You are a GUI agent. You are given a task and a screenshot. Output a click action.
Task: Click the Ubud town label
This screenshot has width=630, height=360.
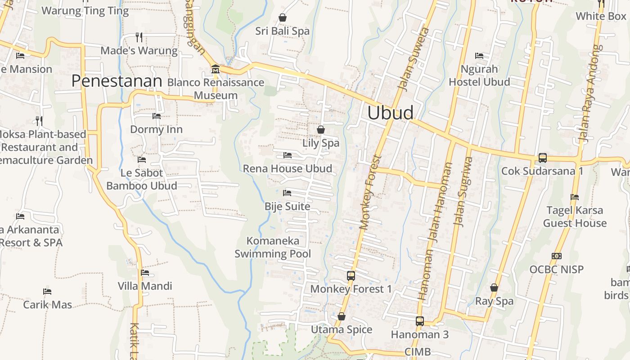pos(390,112)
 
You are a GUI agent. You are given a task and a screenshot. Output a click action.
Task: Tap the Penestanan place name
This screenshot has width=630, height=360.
pos(117,81)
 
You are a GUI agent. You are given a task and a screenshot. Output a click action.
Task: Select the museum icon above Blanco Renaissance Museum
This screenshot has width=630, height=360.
pos(216,69)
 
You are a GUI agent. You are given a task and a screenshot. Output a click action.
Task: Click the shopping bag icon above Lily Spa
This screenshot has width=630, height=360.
pos(321,130)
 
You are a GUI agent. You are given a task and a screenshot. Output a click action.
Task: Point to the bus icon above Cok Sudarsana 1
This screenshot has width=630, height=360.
pos(543,158)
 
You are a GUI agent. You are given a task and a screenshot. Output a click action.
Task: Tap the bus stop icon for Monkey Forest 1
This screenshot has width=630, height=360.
pos(351,275)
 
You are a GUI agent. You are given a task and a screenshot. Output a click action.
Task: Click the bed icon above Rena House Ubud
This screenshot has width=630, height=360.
pos(288,155)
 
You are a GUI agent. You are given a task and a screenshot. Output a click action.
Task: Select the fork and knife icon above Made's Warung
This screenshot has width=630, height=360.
pos(139,37)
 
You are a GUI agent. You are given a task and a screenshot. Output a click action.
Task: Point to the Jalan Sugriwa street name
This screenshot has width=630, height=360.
pos(463,191)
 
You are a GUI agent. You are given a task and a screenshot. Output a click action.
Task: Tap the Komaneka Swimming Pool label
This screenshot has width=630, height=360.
pos(273,247)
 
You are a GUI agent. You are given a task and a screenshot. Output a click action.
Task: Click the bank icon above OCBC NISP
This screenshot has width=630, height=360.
pos(557,256)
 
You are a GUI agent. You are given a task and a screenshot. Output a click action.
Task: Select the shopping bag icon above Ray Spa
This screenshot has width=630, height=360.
pos(494,288)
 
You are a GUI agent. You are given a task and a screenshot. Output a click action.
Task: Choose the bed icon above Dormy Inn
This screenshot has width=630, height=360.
pos(156,116)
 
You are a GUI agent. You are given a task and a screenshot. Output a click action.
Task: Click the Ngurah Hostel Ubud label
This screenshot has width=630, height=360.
pos(479,75)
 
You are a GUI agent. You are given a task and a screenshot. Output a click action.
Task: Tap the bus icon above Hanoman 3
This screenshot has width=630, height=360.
pos(420,321)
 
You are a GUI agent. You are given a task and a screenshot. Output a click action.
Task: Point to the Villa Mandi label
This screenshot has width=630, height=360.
pos(145,286)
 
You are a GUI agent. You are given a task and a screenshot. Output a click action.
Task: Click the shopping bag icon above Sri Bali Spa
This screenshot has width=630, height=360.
pos(283,18)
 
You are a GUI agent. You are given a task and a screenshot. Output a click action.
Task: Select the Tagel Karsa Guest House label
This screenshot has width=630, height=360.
pos(575,216)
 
